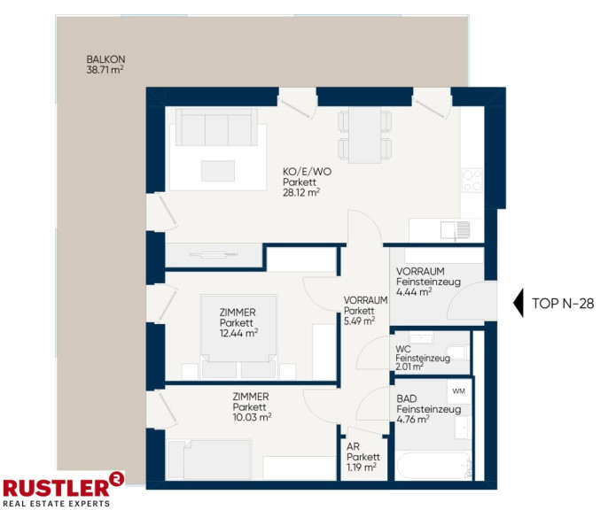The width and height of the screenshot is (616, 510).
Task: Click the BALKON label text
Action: click(x=105, y=59)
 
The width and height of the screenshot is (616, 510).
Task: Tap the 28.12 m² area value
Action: click(x=301, y=193)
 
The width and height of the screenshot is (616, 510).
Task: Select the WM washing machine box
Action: click(x=459, y=391)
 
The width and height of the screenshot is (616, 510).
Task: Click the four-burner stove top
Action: click(x=472, y=180)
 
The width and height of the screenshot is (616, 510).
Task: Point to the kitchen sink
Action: click(x=455, y=230)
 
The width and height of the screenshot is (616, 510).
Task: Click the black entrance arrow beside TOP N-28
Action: click(x=519, y=303)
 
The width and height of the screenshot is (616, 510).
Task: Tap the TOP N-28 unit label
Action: click(x=563, y=303)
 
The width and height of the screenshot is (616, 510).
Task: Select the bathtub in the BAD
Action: click(x=434, y=465)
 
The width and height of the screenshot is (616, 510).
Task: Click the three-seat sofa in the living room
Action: click(x=216, y=127)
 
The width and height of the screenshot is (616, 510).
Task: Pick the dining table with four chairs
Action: click(x=365, y=135)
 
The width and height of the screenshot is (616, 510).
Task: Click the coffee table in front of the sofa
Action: click(x=218, y=171)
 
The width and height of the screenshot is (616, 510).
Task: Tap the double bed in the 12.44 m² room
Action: click(x=238, y=336)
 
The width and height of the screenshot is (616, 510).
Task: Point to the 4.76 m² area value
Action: click(x=412, y=420)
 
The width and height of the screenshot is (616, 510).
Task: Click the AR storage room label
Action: click(x=353, y=446)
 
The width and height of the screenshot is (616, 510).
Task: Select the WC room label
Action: click(x=403, y=349)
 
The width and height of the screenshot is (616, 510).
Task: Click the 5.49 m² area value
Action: click(x=359, y=321)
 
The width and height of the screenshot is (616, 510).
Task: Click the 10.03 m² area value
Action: click(x=252, y=417)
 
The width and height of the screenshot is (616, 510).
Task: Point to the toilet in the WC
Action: click(x=456, y=352)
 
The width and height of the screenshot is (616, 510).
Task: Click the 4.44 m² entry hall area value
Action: click(x=414, y=292)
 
